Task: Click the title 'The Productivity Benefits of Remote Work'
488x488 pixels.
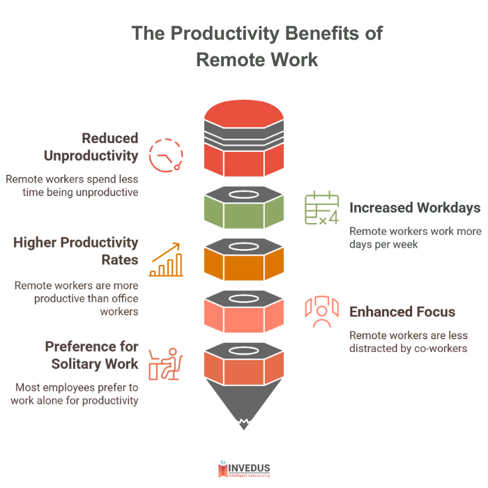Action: click(257, 46)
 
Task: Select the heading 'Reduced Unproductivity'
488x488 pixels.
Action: click(98, 146)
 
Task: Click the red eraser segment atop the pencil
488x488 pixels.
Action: click(243, 139)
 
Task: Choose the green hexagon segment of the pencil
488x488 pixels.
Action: click(243, 209)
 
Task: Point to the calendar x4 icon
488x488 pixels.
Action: click(321, 208)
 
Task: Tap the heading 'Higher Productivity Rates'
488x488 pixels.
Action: click(76, 252)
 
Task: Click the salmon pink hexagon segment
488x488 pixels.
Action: click(243, 314)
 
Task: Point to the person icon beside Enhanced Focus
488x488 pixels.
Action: click(321, 312)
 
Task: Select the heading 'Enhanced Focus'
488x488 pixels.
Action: click(402, 312)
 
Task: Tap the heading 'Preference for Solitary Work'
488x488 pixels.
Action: click(91, 355)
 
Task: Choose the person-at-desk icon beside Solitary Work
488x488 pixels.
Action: click(167, 363)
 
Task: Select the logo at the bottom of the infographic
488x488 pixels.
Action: click(243, 469)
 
